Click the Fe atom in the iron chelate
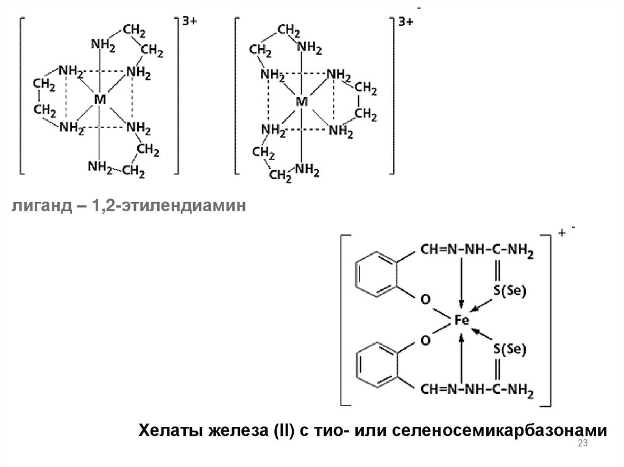point(461,320)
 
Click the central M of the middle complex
point(301,102)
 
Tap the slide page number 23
point(581,444)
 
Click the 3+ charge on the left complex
point(190,21)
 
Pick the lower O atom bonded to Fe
point(425,340)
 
